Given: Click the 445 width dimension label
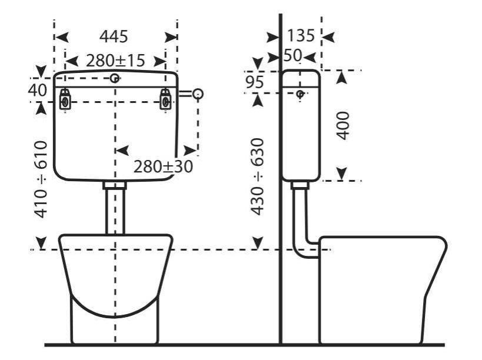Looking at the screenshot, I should tap(114, 36).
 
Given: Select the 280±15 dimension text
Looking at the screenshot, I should tap(115, 61).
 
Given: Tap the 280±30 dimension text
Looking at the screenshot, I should tap(163, 166).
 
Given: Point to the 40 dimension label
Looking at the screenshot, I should tap(37, 90).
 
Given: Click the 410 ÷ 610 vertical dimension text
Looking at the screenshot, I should tap(40, 179).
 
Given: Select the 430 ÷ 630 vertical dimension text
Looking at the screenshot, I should tap(257, 176).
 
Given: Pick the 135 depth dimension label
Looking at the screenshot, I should tap(301, 36).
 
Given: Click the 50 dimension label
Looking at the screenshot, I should tap(292, 56).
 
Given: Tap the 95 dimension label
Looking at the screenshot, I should tap(254, 82).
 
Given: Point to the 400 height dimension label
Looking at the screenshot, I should tap(343, 125).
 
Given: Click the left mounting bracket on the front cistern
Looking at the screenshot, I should tap(65, 99).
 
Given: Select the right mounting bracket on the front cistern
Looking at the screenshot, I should tap(167, 99).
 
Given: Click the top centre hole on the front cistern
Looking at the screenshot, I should tap(115, 78).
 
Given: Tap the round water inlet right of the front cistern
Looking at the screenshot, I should tap(198, 94).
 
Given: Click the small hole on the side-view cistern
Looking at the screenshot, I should tap(300, 94).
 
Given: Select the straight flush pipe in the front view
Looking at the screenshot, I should tap(115, 209).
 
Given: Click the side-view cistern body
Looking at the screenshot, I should tap(301, 135).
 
